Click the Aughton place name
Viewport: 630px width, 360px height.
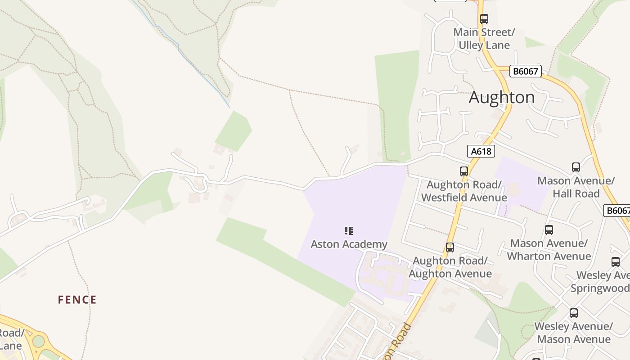pos(502,97)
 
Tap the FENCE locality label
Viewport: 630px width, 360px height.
pos(77,300)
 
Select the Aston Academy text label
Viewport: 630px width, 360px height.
pos(349,244)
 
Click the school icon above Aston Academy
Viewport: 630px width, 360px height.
pos(349,231)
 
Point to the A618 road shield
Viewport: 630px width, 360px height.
pos(481,151)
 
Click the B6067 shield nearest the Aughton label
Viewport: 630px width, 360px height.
pos(525,71)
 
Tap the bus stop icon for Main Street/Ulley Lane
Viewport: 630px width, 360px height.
pos(484,19)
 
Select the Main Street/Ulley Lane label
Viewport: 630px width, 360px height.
pos(484,39)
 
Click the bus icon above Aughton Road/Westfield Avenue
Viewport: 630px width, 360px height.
pos(464,171)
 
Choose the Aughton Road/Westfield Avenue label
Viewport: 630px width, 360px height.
pos(464,191)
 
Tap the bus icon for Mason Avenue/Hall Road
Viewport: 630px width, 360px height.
pos(576,167)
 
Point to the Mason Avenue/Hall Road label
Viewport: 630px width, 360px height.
pos(576,187)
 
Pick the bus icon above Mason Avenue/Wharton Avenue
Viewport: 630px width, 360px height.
pos(549,230)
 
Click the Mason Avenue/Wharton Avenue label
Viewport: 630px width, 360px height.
pos(549,250)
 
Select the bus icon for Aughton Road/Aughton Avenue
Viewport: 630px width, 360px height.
pos(450,247)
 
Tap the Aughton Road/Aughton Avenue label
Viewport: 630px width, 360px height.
pos(450,267)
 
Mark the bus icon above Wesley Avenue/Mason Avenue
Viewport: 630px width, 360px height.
pos(573,313)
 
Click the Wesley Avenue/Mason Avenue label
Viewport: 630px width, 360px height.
pos(573,333)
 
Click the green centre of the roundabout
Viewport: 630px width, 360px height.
pos(39,341)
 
